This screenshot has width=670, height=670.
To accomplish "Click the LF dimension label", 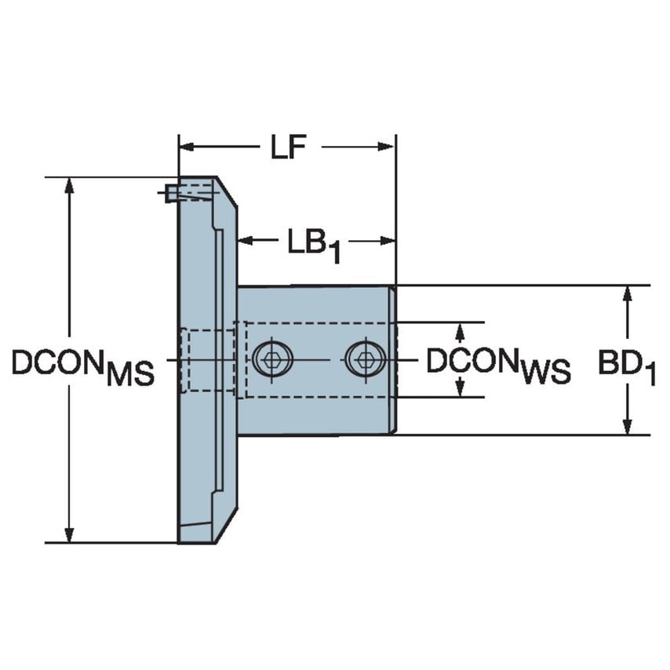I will point(287,147).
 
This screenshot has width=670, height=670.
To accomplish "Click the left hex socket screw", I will point(272,359).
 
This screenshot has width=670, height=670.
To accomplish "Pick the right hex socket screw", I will point(365,359).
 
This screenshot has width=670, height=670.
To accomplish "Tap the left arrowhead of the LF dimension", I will point(186,146).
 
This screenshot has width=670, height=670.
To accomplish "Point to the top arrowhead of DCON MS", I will point(70,185).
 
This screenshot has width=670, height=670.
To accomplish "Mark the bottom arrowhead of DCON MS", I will point(70,534).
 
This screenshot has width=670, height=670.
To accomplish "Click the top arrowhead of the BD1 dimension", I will point(627,293).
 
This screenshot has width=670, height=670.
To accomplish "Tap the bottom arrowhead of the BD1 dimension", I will point(627,426).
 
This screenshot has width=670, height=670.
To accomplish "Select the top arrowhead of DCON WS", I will point(461,329).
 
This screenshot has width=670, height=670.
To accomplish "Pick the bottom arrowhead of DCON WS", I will point(461,389).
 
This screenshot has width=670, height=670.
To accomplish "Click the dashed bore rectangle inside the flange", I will point(208,360).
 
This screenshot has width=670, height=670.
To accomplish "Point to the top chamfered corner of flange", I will point(227,191).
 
